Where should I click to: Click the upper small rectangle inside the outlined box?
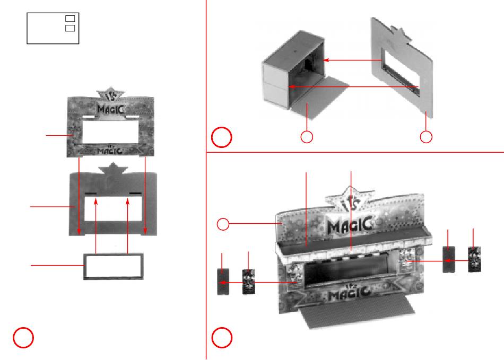tap(70, 19)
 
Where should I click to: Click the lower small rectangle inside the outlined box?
tap(70, 28)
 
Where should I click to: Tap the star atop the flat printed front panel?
tap(110, 93)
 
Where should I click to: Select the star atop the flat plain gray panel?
tap(113, 169)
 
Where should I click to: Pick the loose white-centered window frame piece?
tap(114, 267)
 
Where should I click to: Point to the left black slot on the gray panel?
tap(91, 194)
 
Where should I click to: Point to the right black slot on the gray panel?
tap(135, 194)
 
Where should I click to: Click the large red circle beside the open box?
tap(221, 137)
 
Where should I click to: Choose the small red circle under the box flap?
tap(307, 137)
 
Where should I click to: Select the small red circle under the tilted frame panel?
tap(426, 137)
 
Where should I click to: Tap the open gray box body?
tap(294, 69)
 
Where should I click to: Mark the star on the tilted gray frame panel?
tap(401, 34)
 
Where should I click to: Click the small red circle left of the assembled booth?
tap(223, 224)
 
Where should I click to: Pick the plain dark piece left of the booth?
tap(223, 282)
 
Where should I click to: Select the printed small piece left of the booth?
tap(248, 282)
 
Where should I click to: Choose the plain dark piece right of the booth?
tap(449, 259)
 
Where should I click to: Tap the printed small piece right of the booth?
tap(474, 259)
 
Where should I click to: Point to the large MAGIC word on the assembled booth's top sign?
tap(350, 225)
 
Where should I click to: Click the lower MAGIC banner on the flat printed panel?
tap(110, 150)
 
